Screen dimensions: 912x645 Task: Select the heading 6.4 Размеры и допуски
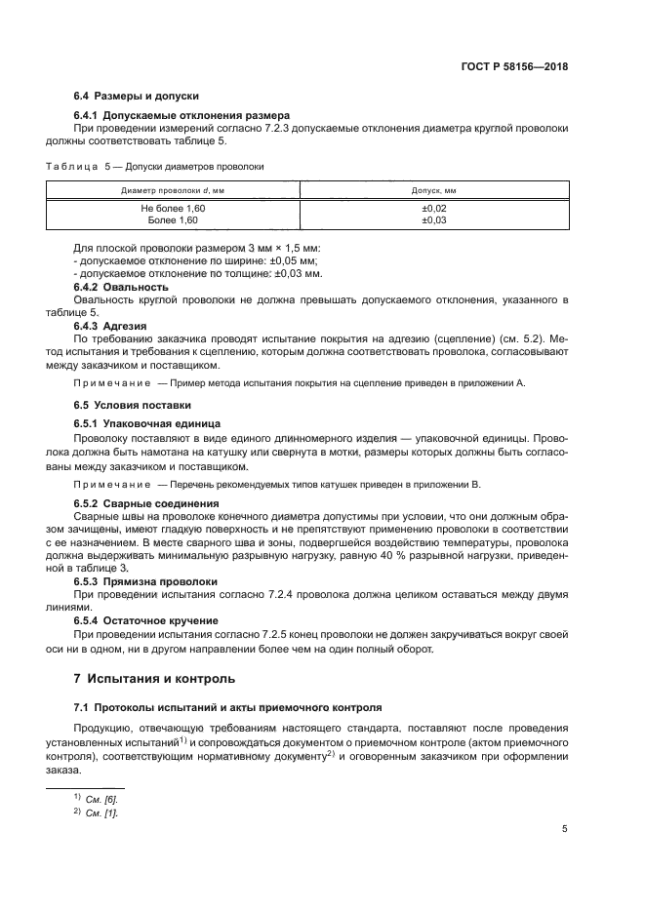pyautogui.click(x=137, y=97)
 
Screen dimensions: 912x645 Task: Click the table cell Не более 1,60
pyautogui.click(x=173, y=209)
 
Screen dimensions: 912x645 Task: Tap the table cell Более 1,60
pyautogui.click(x=173, y=220)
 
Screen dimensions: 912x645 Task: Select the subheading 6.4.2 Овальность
pyautogui.click(x=122, y=287)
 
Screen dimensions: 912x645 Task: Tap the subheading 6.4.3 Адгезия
pyautogui.click(x=116, y=324)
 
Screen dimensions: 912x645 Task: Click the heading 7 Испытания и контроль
pyautogui.click(x=155, y=678)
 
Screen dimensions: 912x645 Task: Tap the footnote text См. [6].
pyautogui.click(x=101, y=799)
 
